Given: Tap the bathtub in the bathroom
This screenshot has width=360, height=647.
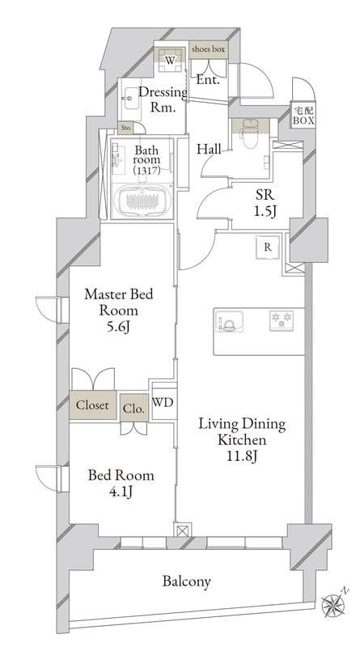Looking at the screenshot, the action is (x=142, y=201).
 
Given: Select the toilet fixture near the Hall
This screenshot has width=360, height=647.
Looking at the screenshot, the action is (x=249, y=133).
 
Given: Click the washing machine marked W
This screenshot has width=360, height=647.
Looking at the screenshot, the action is (x=170, y=60).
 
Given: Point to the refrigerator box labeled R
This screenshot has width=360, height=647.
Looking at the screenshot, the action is (x=268, y=247).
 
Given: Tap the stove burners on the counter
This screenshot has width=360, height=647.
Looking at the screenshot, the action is (x=282, y=320).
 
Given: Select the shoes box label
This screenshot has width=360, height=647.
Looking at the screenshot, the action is (x=208, y=49).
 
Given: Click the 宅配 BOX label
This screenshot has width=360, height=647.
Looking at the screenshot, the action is (x=304, y=116).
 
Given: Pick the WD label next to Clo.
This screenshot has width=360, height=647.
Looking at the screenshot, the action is (x=163, y=403).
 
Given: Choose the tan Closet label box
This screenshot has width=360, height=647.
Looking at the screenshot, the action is (x=93, y=405).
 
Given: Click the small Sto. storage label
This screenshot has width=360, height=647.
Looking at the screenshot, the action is (x=125, y=129).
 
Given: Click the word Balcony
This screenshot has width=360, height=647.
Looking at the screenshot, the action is (x=187, y=581).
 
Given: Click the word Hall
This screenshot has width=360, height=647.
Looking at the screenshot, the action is (x=209, y=149).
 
